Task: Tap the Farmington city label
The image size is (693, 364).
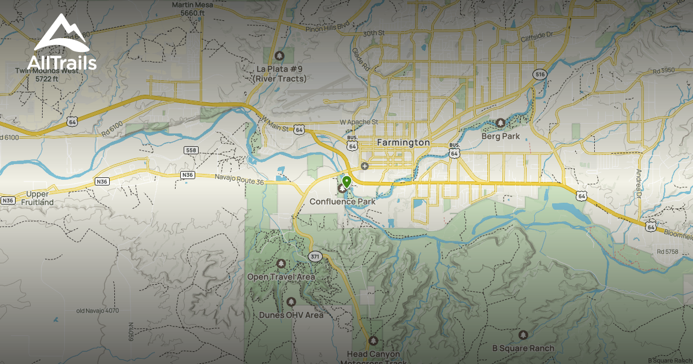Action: pyautogui.click(x=403, y=142)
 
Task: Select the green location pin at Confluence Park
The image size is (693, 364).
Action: pyautogui.click(x=346, y=182)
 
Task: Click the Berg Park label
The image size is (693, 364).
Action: pyautogui.click(x=500, y=136)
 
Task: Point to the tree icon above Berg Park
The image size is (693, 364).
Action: pyautogui.click(x=500, y=122)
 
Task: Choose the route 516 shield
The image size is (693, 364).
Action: pyautogui.click(x=540, y=74)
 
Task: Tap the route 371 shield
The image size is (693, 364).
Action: pyautogui.click(x=315, y=256)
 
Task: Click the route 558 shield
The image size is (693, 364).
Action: pyautogui.click(x=191, y=150)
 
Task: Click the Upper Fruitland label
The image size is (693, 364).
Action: pyautogui.click(x=38, y=198)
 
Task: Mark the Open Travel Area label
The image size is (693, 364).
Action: pyautogui.click(x=281, y=277)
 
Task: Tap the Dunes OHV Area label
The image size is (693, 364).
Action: pyautogui.click(x=291, y=315)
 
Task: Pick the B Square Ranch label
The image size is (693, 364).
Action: pyautogui.click(x=523, y=348)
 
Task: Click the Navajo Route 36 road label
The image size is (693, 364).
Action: pyautogui.click(x=239, y=182)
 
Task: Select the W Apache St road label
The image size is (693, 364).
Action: pyautogui.click(x=359, y=122)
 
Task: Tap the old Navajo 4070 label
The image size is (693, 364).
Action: pyautogui.click(x=97, y=311)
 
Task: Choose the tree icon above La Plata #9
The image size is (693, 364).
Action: pyautogui.click(x=280, y=55)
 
